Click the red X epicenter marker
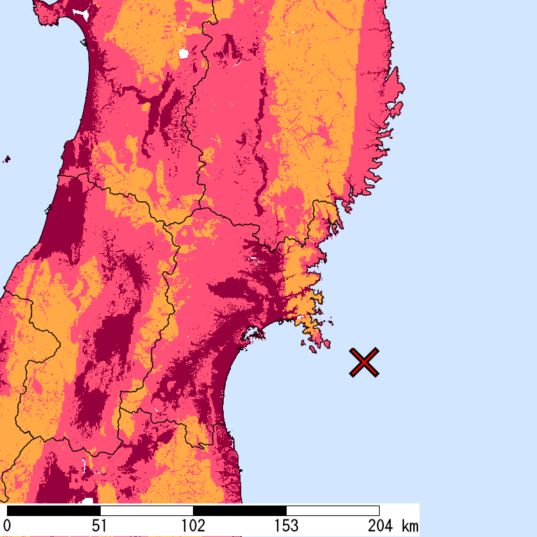pos(364,362)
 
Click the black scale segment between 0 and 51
pos(53,510)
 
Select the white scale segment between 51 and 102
pos(146,510)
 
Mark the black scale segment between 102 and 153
pos(239,510)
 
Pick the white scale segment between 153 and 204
pos(332,510)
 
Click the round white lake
pos(184,53)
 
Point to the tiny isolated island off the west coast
pos(7,159)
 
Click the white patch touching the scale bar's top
pos(87,501)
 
